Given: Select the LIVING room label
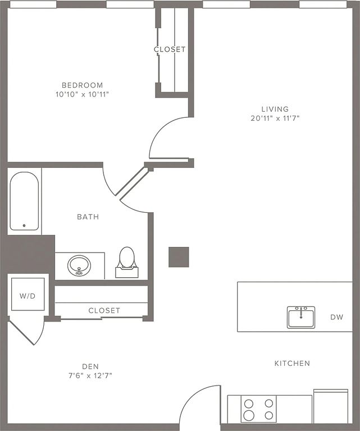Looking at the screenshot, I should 275,109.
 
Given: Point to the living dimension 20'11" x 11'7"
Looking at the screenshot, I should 275,118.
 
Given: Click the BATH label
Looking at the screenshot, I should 88,217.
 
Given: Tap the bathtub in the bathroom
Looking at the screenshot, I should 24,201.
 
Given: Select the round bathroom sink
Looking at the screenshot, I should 79,265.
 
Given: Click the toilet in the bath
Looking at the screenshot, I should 127,260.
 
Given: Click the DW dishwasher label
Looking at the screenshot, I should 336,318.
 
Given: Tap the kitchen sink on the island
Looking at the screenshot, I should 301,317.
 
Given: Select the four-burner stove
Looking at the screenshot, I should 259,409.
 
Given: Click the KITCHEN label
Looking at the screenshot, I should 291,364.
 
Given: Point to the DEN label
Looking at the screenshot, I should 90,366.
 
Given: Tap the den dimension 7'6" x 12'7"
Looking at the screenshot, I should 90,375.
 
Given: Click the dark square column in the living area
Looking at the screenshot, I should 179,257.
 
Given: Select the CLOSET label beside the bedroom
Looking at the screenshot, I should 170,49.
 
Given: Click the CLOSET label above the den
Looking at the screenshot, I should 104,310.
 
